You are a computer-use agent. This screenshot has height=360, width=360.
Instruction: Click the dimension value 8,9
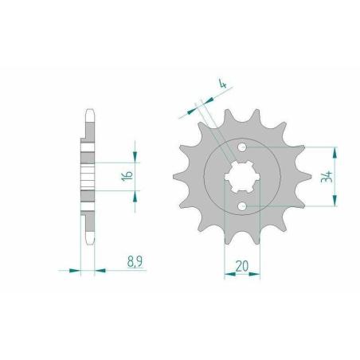click(x=135, y=261)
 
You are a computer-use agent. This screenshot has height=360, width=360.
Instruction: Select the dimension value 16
click(x=127, y=176)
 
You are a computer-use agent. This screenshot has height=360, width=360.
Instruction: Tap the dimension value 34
click(x=327, y=177)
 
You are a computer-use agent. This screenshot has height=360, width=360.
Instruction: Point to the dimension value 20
click(x=242, y=266)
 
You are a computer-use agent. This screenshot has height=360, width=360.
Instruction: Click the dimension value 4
click(x=222, y=84)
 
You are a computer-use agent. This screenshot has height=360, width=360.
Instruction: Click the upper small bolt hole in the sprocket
click(x=242, y=147)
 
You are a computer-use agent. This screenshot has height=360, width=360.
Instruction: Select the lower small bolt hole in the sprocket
click(x=242, y=205)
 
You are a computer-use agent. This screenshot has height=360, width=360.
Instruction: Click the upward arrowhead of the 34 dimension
click(x=335, y=152)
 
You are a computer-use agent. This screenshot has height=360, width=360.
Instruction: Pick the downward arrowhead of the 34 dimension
click(x=335, y=201)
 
